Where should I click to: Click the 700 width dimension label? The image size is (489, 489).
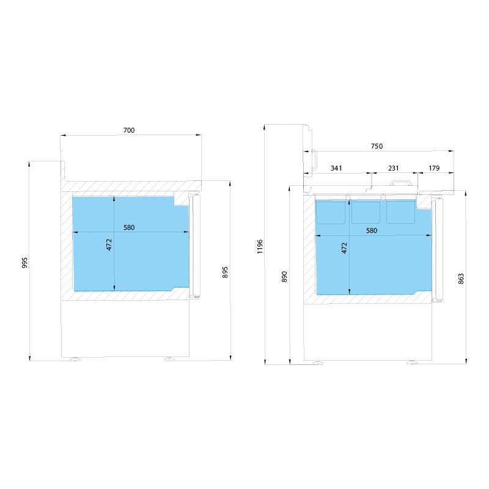(x=129, y=130)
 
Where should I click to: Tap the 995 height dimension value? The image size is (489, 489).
(x=24, y=263)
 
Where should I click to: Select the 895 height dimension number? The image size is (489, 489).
(x=225, y=272)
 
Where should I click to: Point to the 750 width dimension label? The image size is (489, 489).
(x=377, y=146)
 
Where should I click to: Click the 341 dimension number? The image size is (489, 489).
(x=336, y=169)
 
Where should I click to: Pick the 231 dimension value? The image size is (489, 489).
(x=394, y=169)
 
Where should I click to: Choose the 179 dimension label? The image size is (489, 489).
(x=434, y=169)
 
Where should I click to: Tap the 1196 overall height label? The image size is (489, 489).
(x=260, y=246)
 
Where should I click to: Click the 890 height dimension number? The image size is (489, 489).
(x=284, y=277)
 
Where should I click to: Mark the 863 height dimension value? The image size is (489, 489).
(x=461, y=279)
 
